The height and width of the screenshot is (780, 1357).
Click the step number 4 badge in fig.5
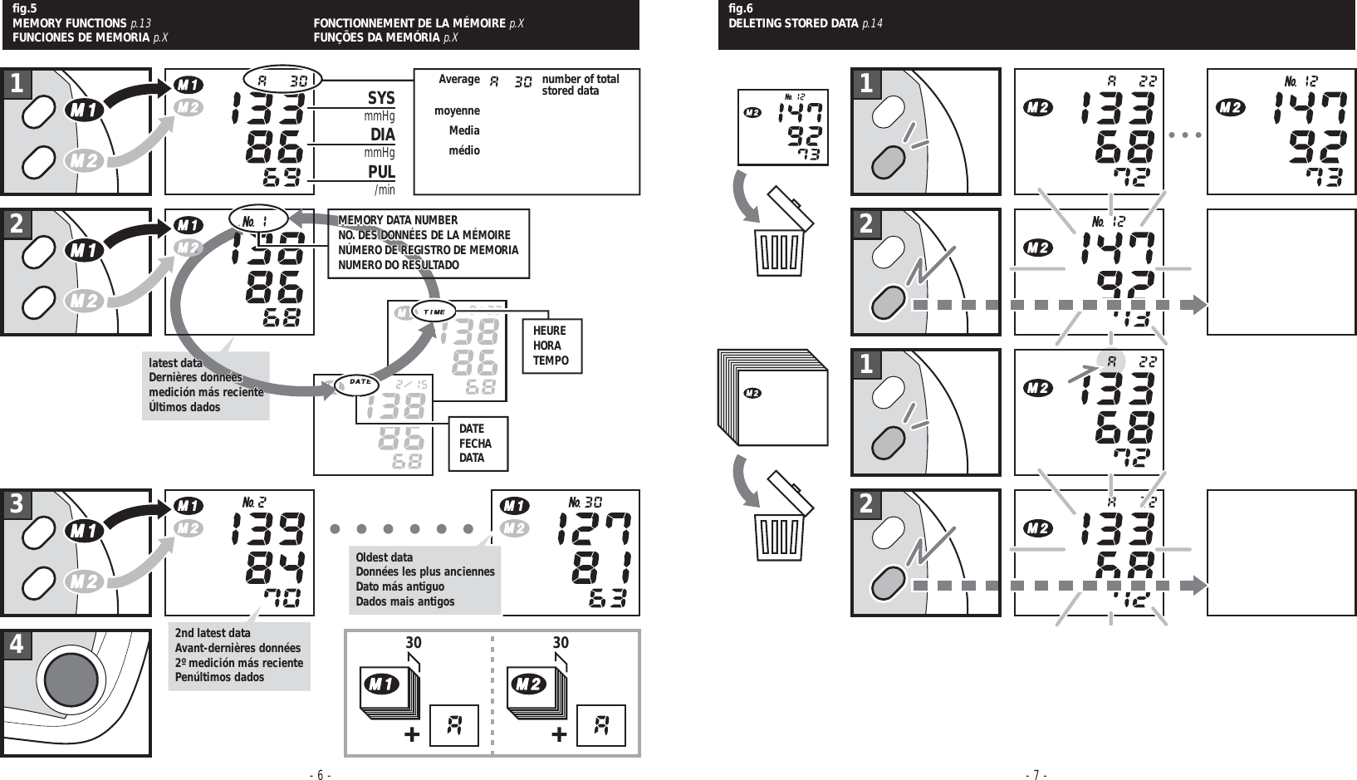tap(17, 645)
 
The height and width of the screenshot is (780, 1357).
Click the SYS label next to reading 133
tap(381, 98)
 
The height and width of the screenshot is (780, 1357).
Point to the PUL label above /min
tap(381, 172)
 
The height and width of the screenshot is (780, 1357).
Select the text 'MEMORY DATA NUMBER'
tap(398, 220)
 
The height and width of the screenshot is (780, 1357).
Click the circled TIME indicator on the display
tap(434, 312)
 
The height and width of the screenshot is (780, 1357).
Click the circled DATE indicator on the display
tap(359, 381)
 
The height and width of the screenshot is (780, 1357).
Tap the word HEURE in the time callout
tap(549, 331)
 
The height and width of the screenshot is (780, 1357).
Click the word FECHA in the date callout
tap(475, 444)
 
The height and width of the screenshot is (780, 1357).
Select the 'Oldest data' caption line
tap(384, 557)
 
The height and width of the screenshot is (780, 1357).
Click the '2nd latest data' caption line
tap(212, 633)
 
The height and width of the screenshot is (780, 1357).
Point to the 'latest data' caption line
tap(175, 363)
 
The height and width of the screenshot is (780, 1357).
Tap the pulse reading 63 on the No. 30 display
tap(607, 598)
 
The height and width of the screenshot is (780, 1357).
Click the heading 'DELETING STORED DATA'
tap(793, 23)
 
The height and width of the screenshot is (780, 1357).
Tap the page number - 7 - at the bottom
tap(1036, 775)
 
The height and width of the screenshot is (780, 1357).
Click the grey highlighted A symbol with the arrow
tap(1110, 361)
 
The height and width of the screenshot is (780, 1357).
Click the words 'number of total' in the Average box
tap(580, 79)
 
